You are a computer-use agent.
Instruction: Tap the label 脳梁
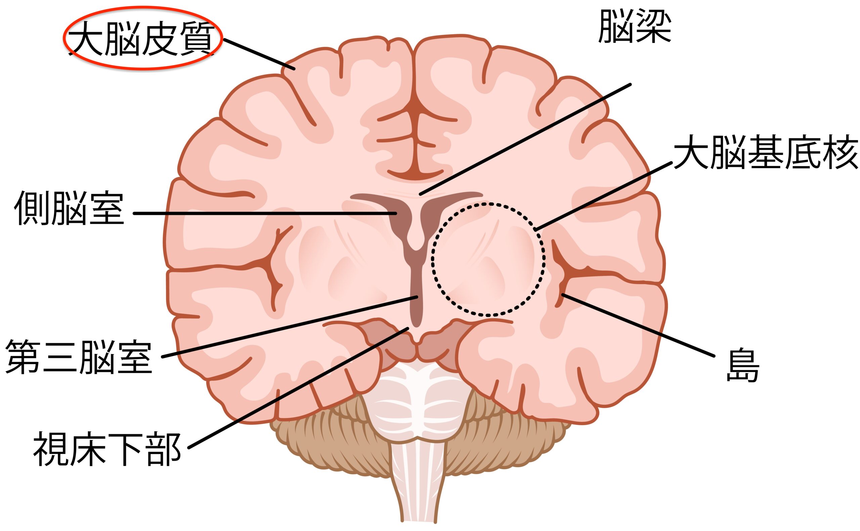point(634,26)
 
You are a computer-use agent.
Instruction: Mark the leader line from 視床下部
point(299,388)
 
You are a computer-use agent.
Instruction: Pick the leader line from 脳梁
point(525,139)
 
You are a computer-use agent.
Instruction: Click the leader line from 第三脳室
point(290,327)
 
